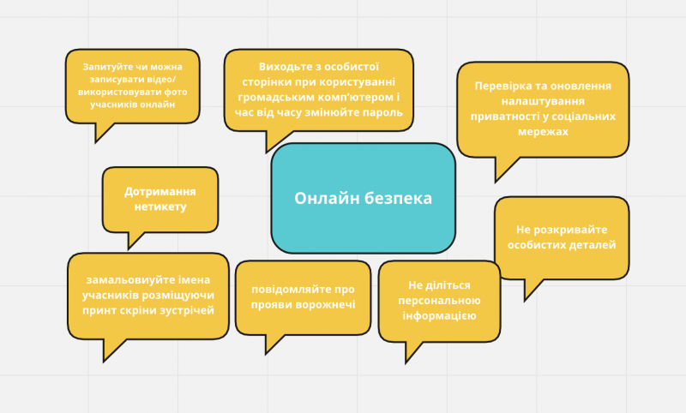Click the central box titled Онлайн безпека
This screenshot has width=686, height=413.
(x=363, y=198)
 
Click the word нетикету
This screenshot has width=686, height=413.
(x=160, y=206)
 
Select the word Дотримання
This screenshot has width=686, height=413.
(x=160, y=192)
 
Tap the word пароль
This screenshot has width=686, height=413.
(x=383, y=112)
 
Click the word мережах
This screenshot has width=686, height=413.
(x=543, y=132)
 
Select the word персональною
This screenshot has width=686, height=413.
(x=439, y=301)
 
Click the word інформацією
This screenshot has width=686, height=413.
(x=439, y=315)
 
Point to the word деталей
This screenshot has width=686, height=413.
(x=594, y=245)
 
